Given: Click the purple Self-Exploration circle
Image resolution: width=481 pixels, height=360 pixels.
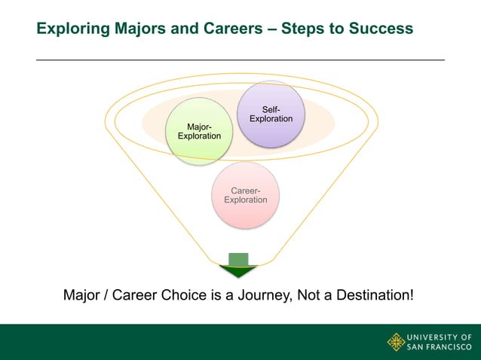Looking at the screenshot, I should click(x=271, y=114).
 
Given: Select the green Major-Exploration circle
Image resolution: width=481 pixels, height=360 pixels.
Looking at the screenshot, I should click(x=199, y=130).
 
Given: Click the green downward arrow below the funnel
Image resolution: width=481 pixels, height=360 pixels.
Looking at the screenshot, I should click(x=238, y=266).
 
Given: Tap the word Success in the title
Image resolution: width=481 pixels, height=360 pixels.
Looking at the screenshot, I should click(x=382, y=29).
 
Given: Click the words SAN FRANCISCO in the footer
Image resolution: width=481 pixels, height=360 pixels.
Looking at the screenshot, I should click(x=440, y=348).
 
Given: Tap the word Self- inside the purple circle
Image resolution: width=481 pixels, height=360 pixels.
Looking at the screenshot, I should click(x=271, y=110).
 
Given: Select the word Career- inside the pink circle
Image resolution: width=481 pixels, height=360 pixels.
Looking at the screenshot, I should click(x=246, y=191).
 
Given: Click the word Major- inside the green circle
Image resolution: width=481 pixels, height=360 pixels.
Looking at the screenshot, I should click(x=199, y=126).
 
